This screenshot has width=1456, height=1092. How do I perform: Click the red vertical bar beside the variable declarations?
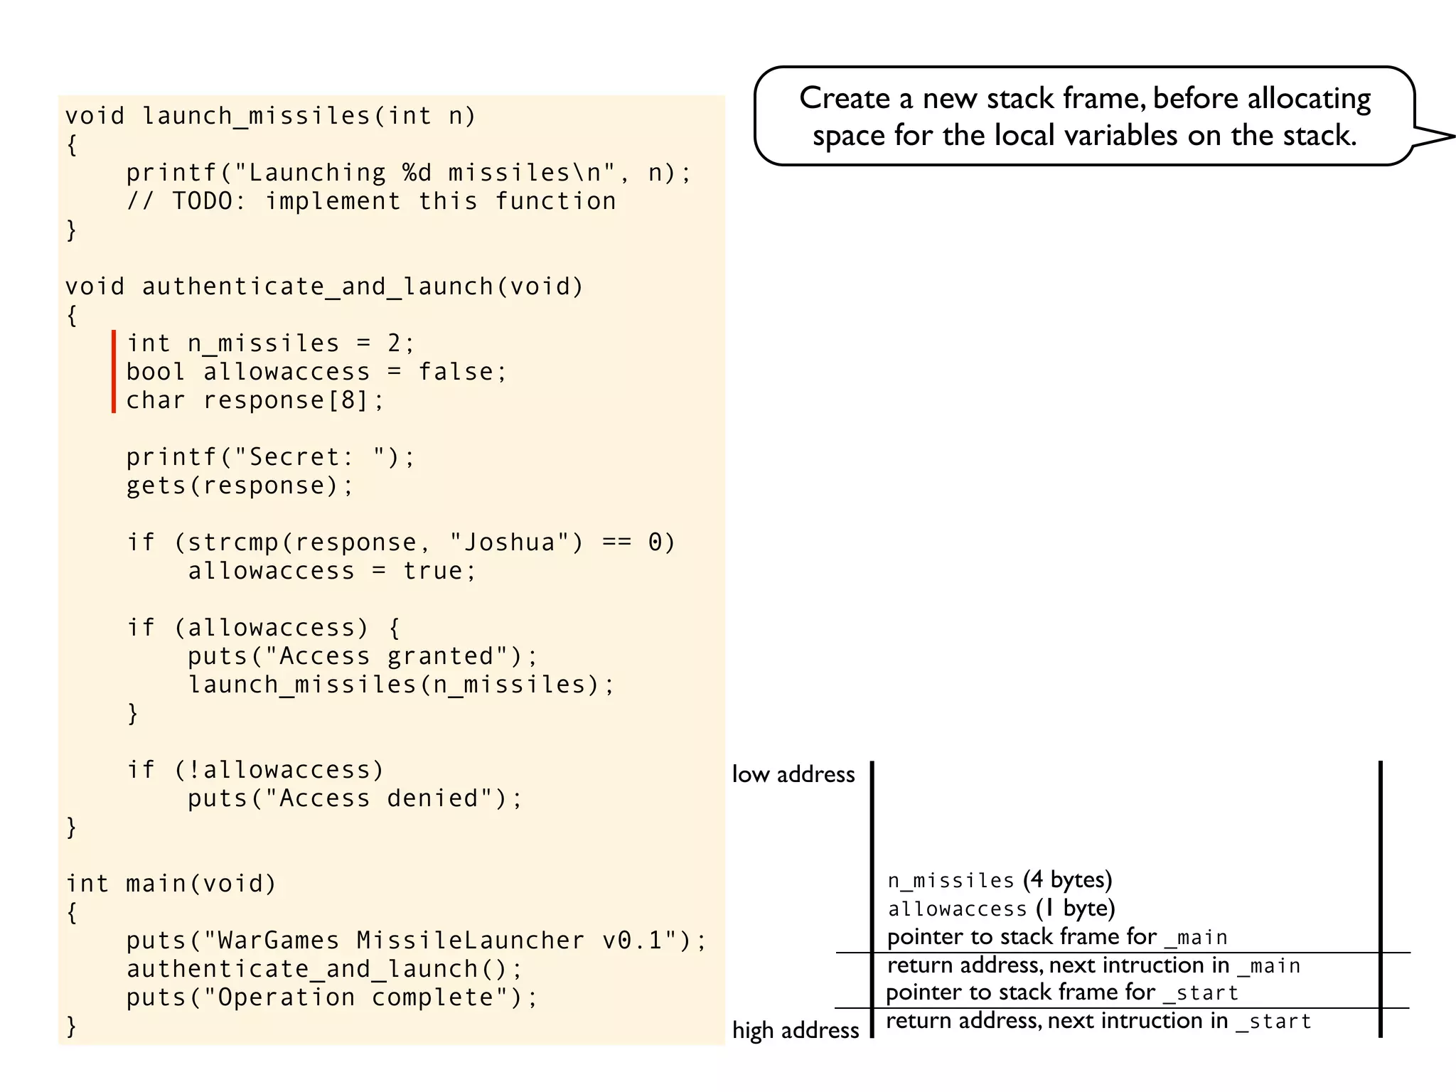(114, 371)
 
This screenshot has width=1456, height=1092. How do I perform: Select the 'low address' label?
(793, 774)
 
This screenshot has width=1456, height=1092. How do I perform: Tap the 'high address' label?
(796, 1030)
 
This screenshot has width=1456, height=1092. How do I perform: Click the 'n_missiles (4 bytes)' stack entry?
(1000, 880)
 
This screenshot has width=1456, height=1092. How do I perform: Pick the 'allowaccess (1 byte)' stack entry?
(1001, 909)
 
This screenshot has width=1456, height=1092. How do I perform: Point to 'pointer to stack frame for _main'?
(1057, 937)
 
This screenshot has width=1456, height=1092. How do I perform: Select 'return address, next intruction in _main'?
(1093, 965)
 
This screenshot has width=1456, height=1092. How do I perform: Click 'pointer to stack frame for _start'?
(1062, 992)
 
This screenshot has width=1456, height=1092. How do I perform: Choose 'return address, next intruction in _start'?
(1098, 1021)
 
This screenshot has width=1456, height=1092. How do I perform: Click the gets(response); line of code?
(240, 486)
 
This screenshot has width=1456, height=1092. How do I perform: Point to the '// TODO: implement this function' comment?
(371, 201)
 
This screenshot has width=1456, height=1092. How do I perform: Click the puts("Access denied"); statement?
(355, 798)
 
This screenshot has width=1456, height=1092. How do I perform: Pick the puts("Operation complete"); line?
(332, 997)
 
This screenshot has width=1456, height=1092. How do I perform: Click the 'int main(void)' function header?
(171, 884)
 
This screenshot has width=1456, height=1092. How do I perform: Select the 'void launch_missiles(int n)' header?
(270, 116)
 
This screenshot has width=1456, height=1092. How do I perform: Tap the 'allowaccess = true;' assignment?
(332, 571)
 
